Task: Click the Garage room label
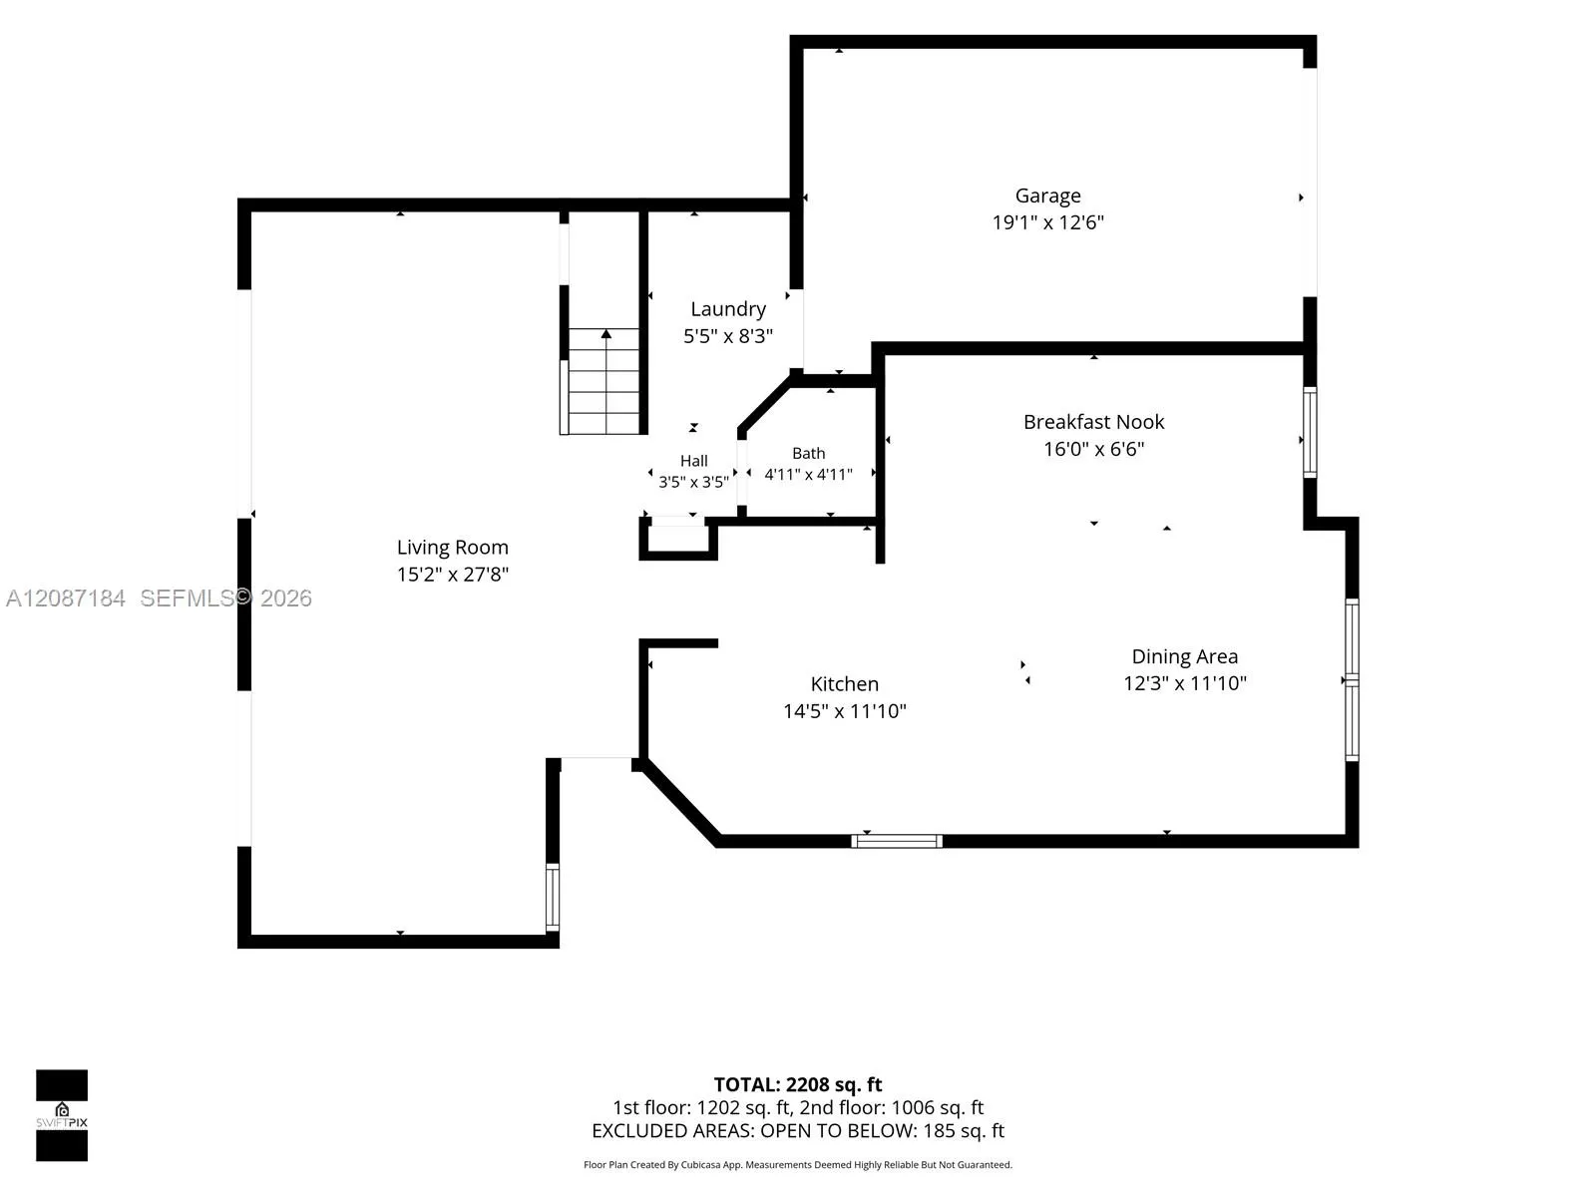coord(1047,197)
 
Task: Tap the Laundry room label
coord(728,309)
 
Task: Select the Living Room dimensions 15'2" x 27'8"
coord(452,575)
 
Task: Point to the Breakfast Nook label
coord(1093,422)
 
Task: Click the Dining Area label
coord(1184,657)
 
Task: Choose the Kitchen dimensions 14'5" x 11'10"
coord(844,711)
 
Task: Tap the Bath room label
coord(809,454)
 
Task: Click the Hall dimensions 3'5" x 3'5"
coord(693,482)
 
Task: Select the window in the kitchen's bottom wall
coord(897,841)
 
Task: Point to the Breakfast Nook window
coord(1310,433)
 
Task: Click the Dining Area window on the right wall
coord(1352,679)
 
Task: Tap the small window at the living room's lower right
coord(553,897)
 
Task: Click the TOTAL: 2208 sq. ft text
coord(798,1084)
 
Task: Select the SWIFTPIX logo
coord(62,1115)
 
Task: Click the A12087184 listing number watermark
coord(66,598)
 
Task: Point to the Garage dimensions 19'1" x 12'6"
coord(1047,222)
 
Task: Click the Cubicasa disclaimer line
coord(798,1165)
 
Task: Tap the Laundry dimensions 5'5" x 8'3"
coord(728,336)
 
